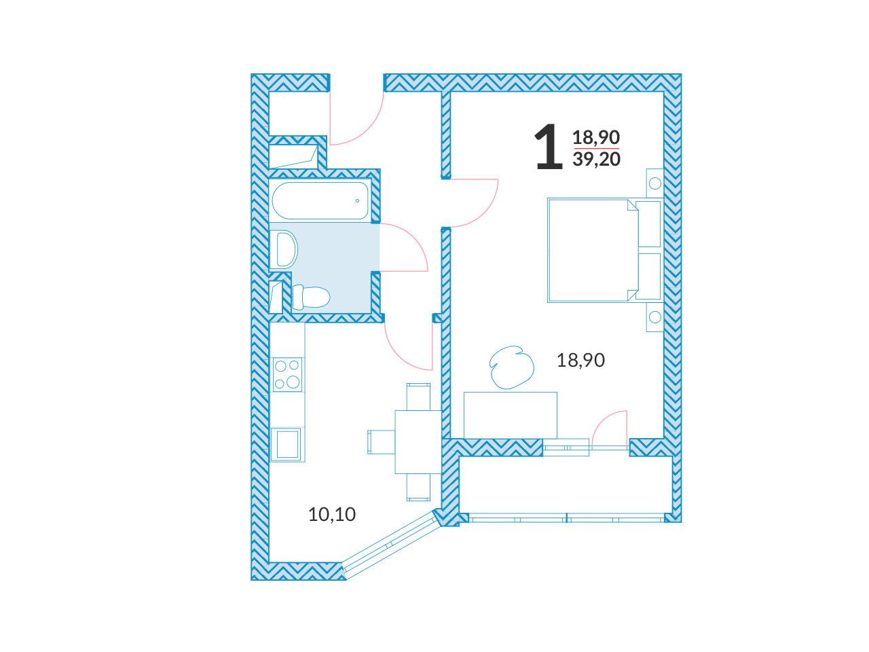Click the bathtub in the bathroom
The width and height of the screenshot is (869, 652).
click(320, 200)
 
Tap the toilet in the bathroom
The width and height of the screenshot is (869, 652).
click(311, 297)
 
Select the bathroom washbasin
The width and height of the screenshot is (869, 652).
click(284, 250)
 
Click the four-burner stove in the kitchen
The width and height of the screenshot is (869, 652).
click(287, 374)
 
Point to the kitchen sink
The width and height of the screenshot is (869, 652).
click(287, 444)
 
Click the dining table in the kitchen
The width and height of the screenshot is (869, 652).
click(418, 441)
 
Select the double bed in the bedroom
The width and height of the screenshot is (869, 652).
click(604, 250)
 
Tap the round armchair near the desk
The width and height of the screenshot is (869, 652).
click(511, 367)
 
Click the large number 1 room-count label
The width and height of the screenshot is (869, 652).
click(549, 146)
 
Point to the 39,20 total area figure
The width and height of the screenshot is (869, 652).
click(596, 159)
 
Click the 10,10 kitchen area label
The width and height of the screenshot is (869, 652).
click(332, 514)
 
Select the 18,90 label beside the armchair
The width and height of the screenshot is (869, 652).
click(580, 360)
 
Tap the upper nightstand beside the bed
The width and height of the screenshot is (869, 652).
click(655, 183)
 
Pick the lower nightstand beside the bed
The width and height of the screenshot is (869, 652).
click(655, 317)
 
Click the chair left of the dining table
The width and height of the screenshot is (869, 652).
click(382, 441)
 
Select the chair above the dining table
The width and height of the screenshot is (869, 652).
click(418, 396)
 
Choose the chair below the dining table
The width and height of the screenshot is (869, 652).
click(418, 488)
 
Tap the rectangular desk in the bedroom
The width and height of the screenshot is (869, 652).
click(511, 415)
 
